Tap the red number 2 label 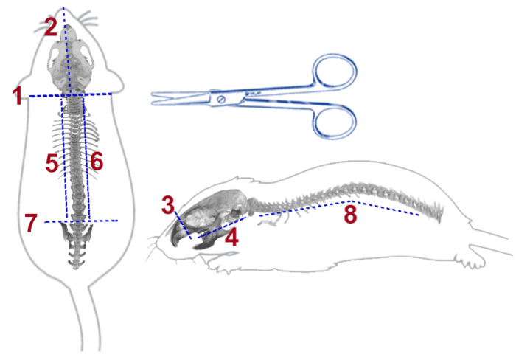50,28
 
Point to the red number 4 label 231,238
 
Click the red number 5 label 52,163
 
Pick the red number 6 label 97,160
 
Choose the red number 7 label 30,223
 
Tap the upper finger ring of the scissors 335,76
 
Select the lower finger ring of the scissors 335,122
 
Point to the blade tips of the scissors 154,96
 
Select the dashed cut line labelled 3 183,224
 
